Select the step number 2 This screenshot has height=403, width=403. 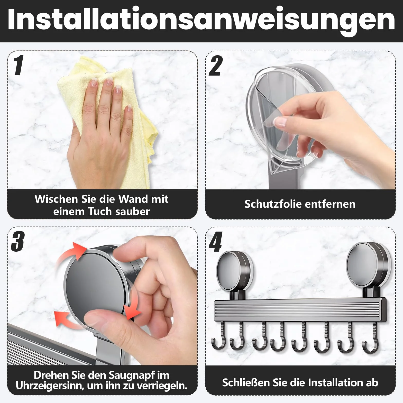(x=215, y=66)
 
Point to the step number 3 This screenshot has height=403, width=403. (x=18, y=241)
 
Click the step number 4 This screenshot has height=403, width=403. (x=215, y=241)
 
